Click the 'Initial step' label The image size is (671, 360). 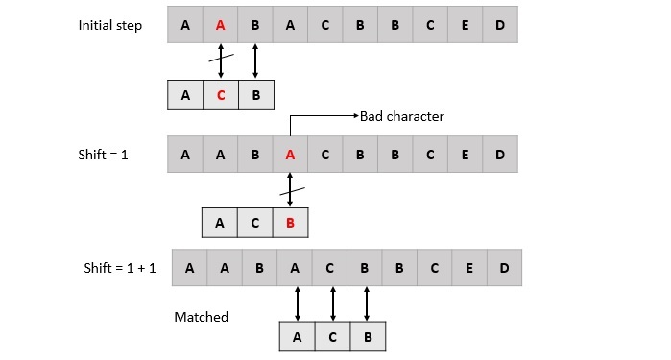point(109,26)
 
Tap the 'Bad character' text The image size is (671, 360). point(402,116)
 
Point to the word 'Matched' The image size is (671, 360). point(201,317)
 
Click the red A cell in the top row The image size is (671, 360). point(220,26)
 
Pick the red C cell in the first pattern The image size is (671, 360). point(220,95)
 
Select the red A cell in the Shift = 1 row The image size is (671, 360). point(290,154)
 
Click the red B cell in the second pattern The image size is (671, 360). point(290,223)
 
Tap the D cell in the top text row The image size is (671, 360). point(500,26)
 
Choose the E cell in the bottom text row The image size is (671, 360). point(469,268)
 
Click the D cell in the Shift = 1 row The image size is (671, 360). point(500,154)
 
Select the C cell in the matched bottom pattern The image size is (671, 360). point(332,337)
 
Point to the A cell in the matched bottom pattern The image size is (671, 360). point(297,337)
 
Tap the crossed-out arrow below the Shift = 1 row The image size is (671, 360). point(290,188)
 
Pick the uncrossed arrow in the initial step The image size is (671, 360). point(255,60)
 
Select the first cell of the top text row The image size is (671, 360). point(184,26)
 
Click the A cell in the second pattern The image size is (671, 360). point(220,223)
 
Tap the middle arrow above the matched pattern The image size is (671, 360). point(332,302)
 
